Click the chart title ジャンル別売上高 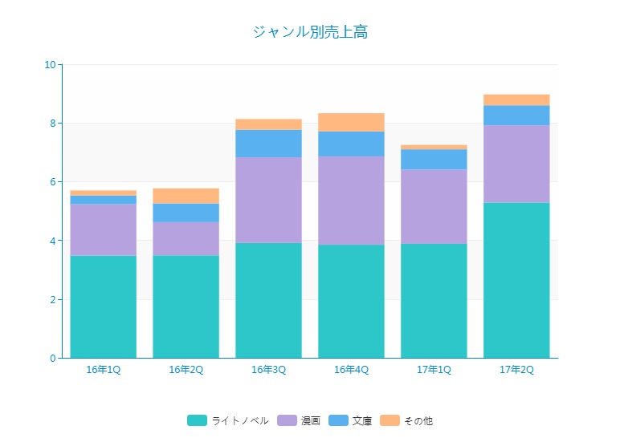click(x=310, y=32)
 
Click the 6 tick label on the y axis click(x=51, y=182)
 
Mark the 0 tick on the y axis click(x=51, y=358)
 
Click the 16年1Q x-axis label click(x=103, y=370)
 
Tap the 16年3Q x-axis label click(x=268, y=370)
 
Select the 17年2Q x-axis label click(x=516, y=370)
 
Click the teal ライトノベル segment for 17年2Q click(x=516, y=280)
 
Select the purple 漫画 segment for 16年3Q click(x=268, y=200)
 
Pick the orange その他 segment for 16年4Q click(x=351, y=122)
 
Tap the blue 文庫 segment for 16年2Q click(x=186, y=213)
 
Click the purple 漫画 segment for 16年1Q click(x=103, y=229)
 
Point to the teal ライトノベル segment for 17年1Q click(x=434, y=301)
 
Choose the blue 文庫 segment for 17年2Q click(x=516, y=116)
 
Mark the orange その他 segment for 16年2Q click(x=186, y=196)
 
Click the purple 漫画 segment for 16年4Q click(x=351, y=201)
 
